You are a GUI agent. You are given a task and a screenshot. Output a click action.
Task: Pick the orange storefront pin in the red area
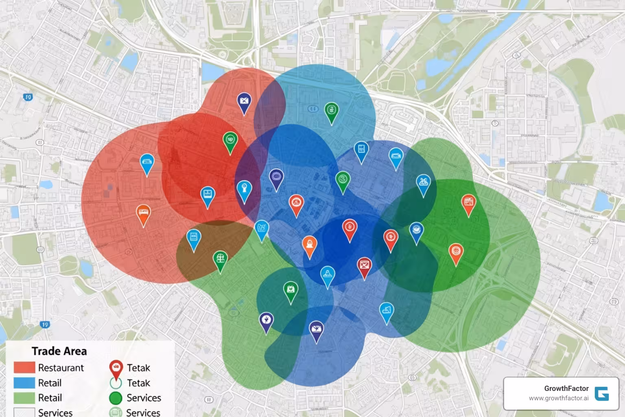(143, 213)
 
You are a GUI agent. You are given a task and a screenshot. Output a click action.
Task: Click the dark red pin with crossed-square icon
(364, 266)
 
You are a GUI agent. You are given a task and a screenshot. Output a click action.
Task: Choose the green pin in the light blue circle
(332, 111)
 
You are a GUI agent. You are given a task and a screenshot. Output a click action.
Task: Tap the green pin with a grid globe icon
(220, 259)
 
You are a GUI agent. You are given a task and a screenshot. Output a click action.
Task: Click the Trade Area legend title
(59, 351)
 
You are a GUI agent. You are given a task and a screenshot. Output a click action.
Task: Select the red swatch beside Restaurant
(24, 367)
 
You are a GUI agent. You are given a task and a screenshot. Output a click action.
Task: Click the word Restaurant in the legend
(61, 368)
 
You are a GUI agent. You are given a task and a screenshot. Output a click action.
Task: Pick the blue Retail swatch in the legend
(24, 383)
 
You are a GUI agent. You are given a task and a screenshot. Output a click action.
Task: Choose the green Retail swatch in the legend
(24, 398)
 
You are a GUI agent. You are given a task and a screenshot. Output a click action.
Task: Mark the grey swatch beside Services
(24, 412)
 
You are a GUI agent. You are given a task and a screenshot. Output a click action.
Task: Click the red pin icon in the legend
(116, 368)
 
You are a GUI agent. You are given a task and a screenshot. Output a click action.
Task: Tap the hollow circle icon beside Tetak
(116, 383)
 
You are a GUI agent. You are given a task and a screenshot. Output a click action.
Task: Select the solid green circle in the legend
(116, 398)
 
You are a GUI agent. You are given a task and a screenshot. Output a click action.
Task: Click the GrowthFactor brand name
(566, 388)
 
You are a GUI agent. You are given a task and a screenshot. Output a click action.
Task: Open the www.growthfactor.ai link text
(559, 398)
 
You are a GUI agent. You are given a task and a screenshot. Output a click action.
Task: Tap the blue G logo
(602, 394)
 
